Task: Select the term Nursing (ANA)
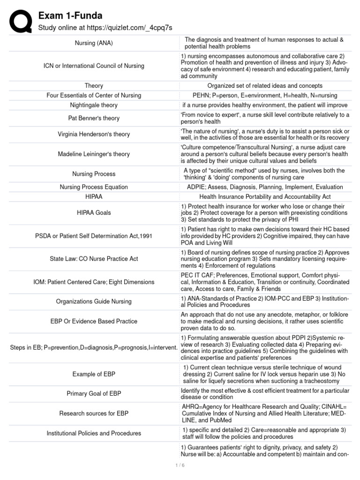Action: click(x=94, y=43)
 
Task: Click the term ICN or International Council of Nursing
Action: click(x=94, y=66)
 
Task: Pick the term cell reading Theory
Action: click(x=94, y=86)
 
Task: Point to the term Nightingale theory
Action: click(x=94, y=105)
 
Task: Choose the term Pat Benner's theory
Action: click(x=94, y=118)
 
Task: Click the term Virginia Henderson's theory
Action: click(x=94, y=135)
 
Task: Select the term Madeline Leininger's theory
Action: click(x=94, y=154)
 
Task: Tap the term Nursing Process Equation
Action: click(x=94, y=187)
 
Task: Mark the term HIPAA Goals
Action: click(x=94, y=213)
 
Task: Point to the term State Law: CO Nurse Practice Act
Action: click(x=94, y=259)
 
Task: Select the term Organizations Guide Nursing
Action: click(x=94, y=302)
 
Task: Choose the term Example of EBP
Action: click(x=94, y=374)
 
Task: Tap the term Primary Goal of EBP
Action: click(x=94, y=394)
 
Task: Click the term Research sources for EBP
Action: click(x=94, y=413)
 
